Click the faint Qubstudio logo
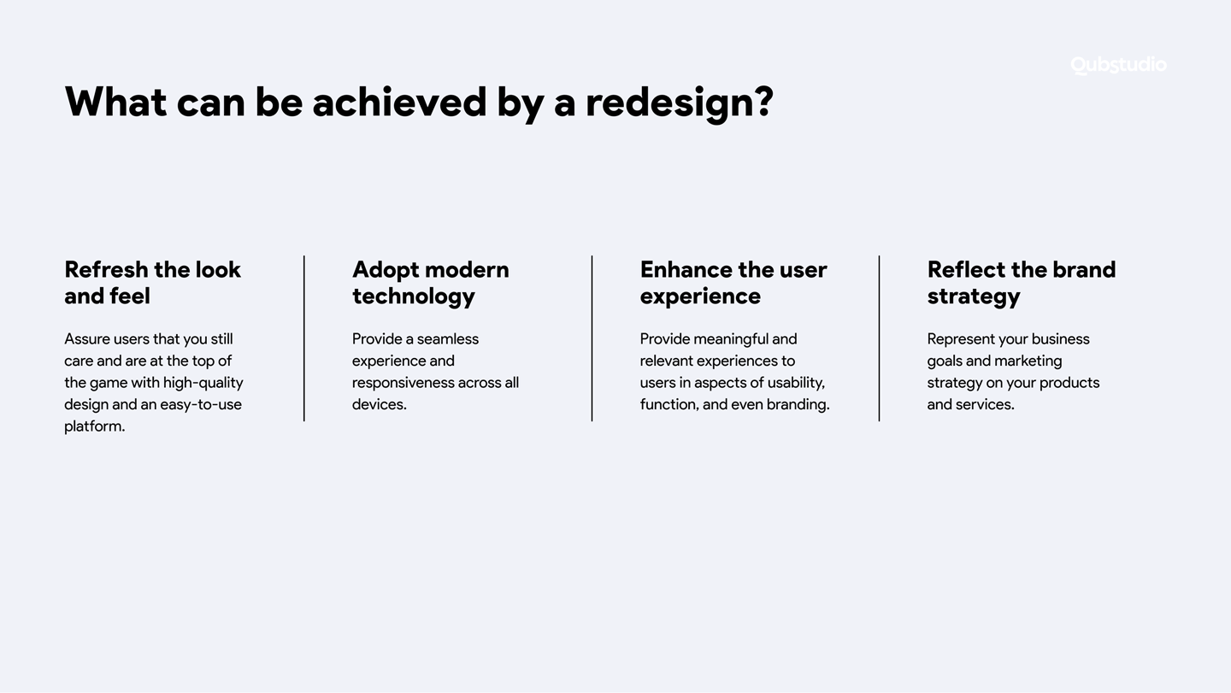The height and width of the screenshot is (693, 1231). click(1118, 65)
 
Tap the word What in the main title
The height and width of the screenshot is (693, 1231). click(115, 103)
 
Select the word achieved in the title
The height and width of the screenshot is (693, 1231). click(399, 102)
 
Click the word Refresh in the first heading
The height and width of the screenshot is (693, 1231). click(106, 270)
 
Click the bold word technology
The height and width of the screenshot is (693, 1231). click(414, 297)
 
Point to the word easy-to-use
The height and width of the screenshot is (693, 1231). click(201, 405)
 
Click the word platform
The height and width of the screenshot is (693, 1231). click(95, 426)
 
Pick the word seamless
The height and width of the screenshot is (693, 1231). click(447, 339)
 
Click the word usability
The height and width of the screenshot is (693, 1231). click(797, 384)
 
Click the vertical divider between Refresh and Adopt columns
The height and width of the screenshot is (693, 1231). click(304, 338)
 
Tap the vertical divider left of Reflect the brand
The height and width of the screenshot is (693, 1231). click(880, 338)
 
